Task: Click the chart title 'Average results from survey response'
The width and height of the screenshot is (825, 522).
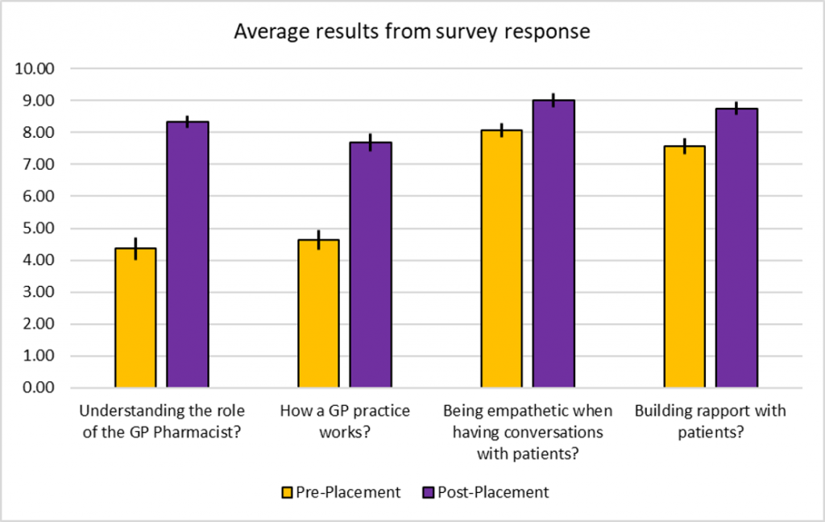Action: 412,32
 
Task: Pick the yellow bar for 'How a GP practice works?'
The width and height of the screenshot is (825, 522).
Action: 318,314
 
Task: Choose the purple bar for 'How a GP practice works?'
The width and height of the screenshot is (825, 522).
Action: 371,266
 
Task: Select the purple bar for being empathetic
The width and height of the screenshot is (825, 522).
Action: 553,244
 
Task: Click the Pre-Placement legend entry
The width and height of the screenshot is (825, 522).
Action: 341,492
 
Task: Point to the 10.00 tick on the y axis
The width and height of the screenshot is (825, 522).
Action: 34,69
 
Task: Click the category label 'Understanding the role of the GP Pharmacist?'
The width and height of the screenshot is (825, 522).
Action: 162,421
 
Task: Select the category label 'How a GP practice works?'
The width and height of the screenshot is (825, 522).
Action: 345,421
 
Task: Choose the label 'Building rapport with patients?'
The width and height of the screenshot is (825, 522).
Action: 710,421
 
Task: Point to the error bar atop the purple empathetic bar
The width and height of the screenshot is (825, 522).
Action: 553,100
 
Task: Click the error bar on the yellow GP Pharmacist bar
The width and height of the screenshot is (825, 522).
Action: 135,248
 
